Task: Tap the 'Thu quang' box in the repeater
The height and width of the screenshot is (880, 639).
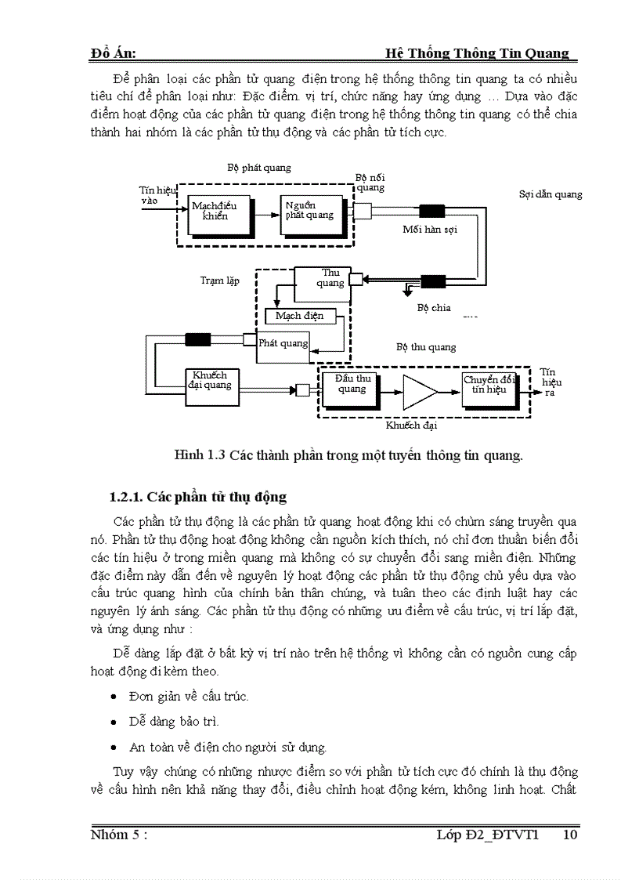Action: click(x=321, y=278)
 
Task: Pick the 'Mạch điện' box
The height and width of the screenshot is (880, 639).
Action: click(x=301, y=317)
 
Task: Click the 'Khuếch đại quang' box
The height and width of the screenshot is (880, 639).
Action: click(x=210, y=381)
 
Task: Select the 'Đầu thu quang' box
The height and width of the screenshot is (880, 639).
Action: click(x=352, y=385)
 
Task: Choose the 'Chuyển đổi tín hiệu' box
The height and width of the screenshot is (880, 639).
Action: click(x=489, y=385)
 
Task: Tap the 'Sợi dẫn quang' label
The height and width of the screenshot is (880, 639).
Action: click(x=551, y=194)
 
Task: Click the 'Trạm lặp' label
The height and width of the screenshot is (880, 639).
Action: click(x=219, y=280)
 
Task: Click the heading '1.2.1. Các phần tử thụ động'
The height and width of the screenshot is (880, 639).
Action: click(x=198, y=497)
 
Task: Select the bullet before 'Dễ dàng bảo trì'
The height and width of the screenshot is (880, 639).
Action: click(x=114, y=722)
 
